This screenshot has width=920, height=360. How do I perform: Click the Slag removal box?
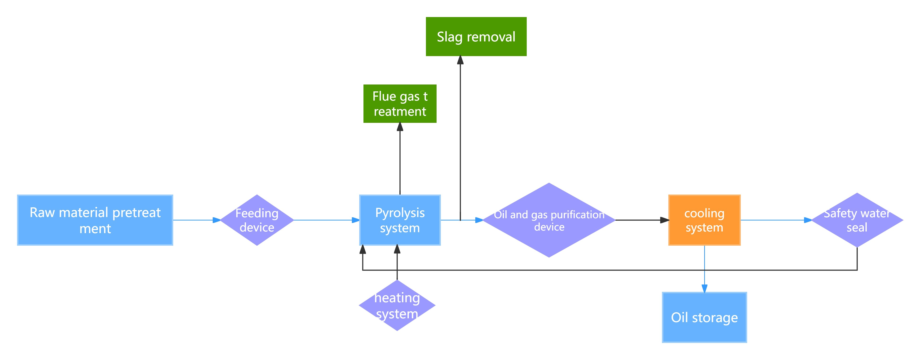click(476, 36)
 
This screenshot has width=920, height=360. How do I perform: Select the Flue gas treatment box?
click(400, 104)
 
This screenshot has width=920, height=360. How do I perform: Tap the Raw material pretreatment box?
click(95, 220)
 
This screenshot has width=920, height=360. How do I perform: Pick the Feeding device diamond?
click(257, 220)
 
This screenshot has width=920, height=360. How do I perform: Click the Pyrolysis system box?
click(400, 220)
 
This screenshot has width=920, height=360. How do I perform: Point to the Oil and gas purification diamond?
click(549, 220)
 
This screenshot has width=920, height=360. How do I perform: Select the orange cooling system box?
click(704, 220)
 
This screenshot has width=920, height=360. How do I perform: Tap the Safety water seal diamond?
click(857, 220)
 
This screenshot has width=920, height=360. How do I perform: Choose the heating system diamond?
click(397, 305)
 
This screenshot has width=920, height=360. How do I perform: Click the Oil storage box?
click(704, 317)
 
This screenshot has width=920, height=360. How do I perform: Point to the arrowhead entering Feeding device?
click(217, 220)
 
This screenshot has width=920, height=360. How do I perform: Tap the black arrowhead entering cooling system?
click(665, 220)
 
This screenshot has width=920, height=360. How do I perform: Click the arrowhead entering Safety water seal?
click(808, 220)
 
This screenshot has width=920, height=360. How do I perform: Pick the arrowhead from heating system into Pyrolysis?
click(397, 249)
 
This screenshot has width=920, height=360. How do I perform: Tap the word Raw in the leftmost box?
click(42, 213)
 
